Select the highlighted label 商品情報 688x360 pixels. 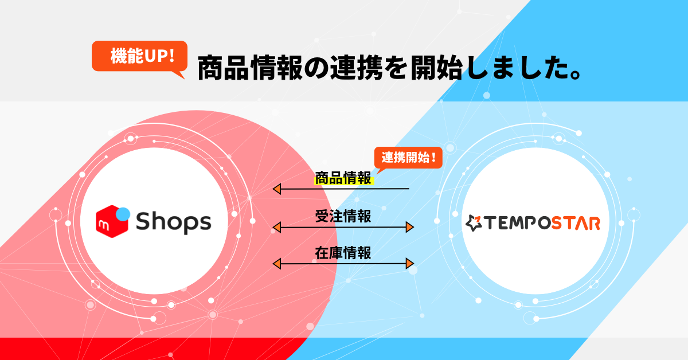coord(343,178)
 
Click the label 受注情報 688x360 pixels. coord(343,217)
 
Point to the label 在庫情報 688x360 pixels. coord(343,253)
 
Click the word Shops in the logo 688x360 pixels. coord(173,221)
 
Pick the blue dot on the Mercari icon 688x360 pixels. coord(122,213)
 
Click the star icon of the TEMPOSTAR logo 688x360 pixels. coord(474,223)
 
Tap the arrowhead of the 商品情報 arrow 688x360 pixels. coord(277,189)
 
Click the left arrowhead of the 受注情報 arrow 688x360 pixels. coord(277,228)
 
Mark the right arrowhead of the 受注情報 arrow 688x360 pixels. coord(409,228)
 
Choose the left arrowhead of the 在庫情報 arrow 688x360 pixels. coord(277,264)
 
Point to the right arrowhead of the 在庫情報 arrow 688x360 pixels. coord(409,264)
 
